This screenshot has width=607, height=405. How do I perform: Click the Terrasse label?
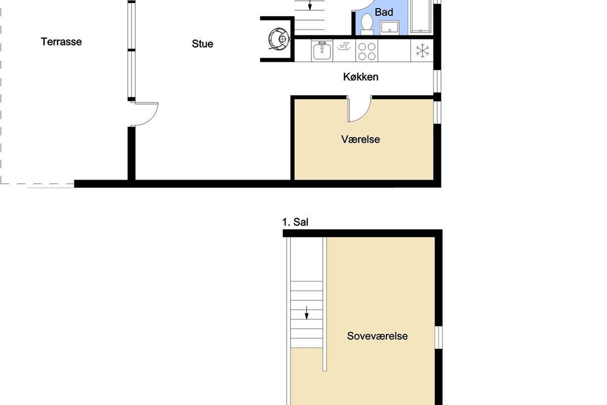61,42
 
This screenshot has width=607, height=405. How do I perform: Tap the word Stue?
202,44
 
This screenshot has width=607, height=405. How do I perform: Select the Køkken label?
361,77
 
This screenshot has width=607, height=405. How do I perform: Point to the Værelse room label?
360,139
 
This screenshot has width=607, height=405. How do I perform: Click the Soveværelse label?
377,336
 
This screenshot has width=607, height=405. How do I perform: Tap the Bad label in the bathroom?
384,12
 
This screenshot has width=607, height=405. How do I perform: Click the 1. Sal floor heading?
295,222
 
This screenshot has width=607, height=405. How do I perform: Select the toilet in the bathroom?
367,24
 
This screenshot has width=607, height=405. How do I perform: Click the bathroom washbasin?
389,28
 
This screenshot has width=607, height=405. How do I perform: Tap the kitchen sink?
322,51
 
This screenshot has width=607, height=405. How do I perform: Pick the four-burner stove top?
367,52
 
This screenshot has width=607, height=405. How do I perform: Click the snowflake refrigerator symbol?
422,51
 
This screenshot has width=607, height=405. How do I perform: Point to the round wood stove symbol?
279,39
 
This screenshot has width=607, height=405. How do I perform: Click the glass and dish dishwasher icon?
344,47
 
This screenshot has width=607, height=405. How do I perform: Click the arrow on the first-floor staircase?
307,313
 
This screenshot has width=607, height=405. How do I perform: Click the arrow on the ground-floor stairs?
310,6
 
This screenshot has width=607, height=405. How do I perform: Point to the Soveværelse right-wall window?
439,338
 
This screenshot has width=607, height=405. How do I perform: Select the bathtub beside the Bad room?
420,16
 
